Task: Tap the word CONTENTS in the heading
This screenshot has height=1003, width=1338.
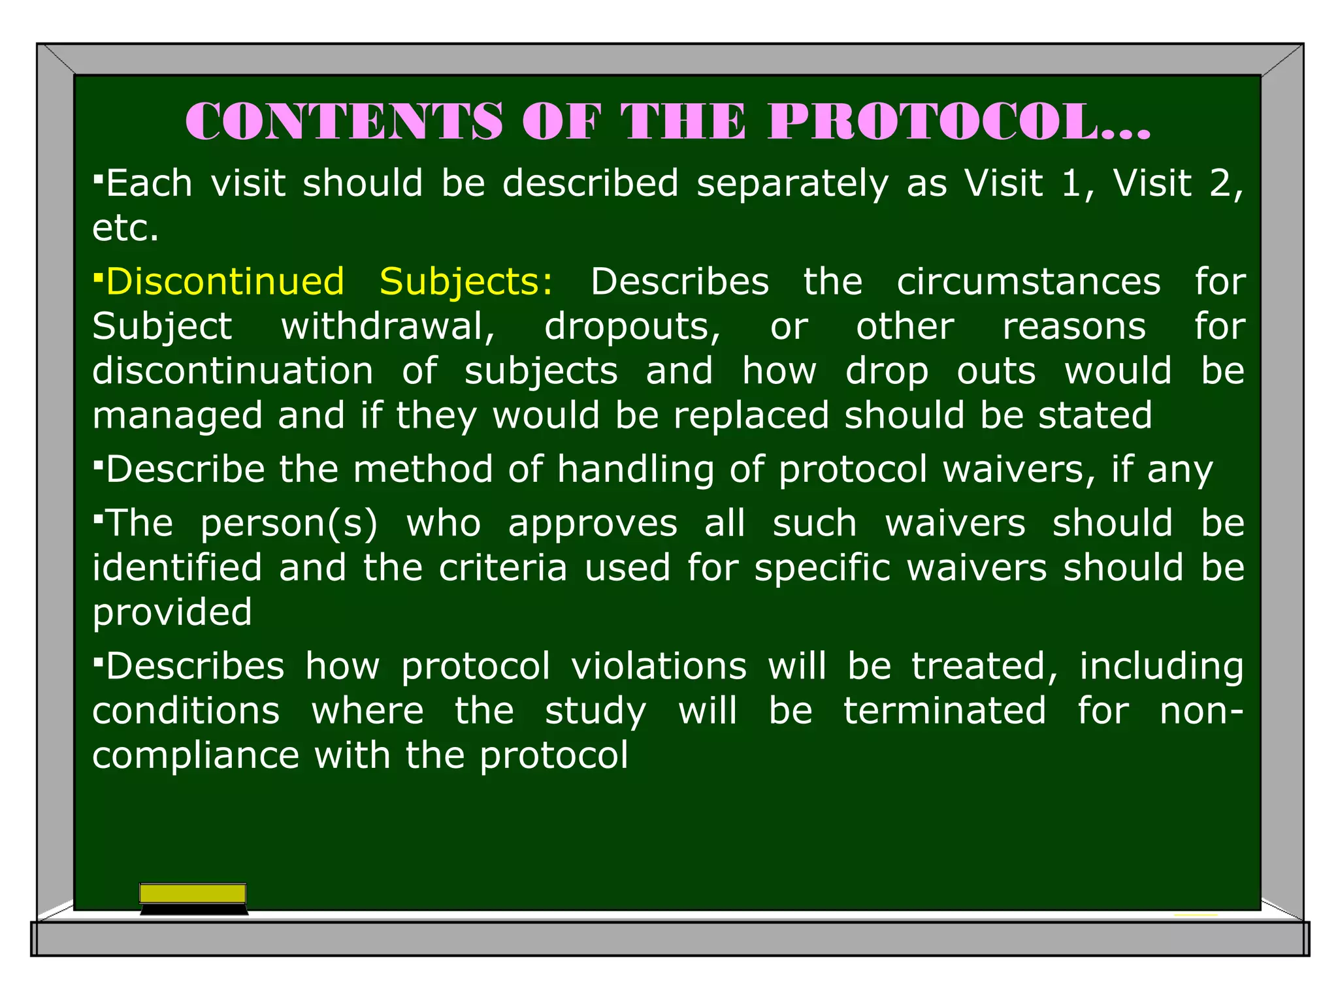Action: tap(344, 122)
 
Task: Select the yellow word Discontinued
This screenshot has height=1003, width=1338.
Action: tap(225, 282)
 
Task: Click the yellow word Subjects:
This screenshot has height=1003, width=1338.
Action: tap(466, 282)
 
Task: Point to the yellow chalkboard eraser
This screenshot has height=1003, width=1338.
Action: tap(193, 895)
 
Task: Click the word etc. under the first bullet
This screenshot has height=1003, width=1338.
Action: tap(125, 228)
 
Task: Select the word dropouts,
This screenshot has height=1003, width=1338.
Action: tap(632, 326)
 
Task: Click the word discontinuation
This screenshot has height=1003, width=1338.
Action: tap(233, 371)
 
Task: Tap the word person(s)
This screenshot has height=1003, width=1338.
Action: tap(289, 524)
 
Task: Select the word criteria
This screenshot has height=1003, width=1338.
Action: tap(502, 567)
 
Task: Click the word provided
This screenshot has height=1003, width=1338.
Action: tap(172, 613)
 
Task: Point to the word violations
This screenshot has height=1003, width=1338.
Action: tap(659, 667)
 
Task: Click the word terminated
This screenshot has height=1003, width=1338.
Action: tap(944, 711)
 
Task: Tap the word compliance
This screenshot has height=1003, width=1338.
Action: tap(195, 756)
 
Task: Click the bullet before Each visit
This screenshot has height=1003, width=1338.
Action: tap(98, 177)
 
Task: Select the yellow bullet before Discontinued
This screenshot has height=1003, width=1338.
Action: tap(98, 276)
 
